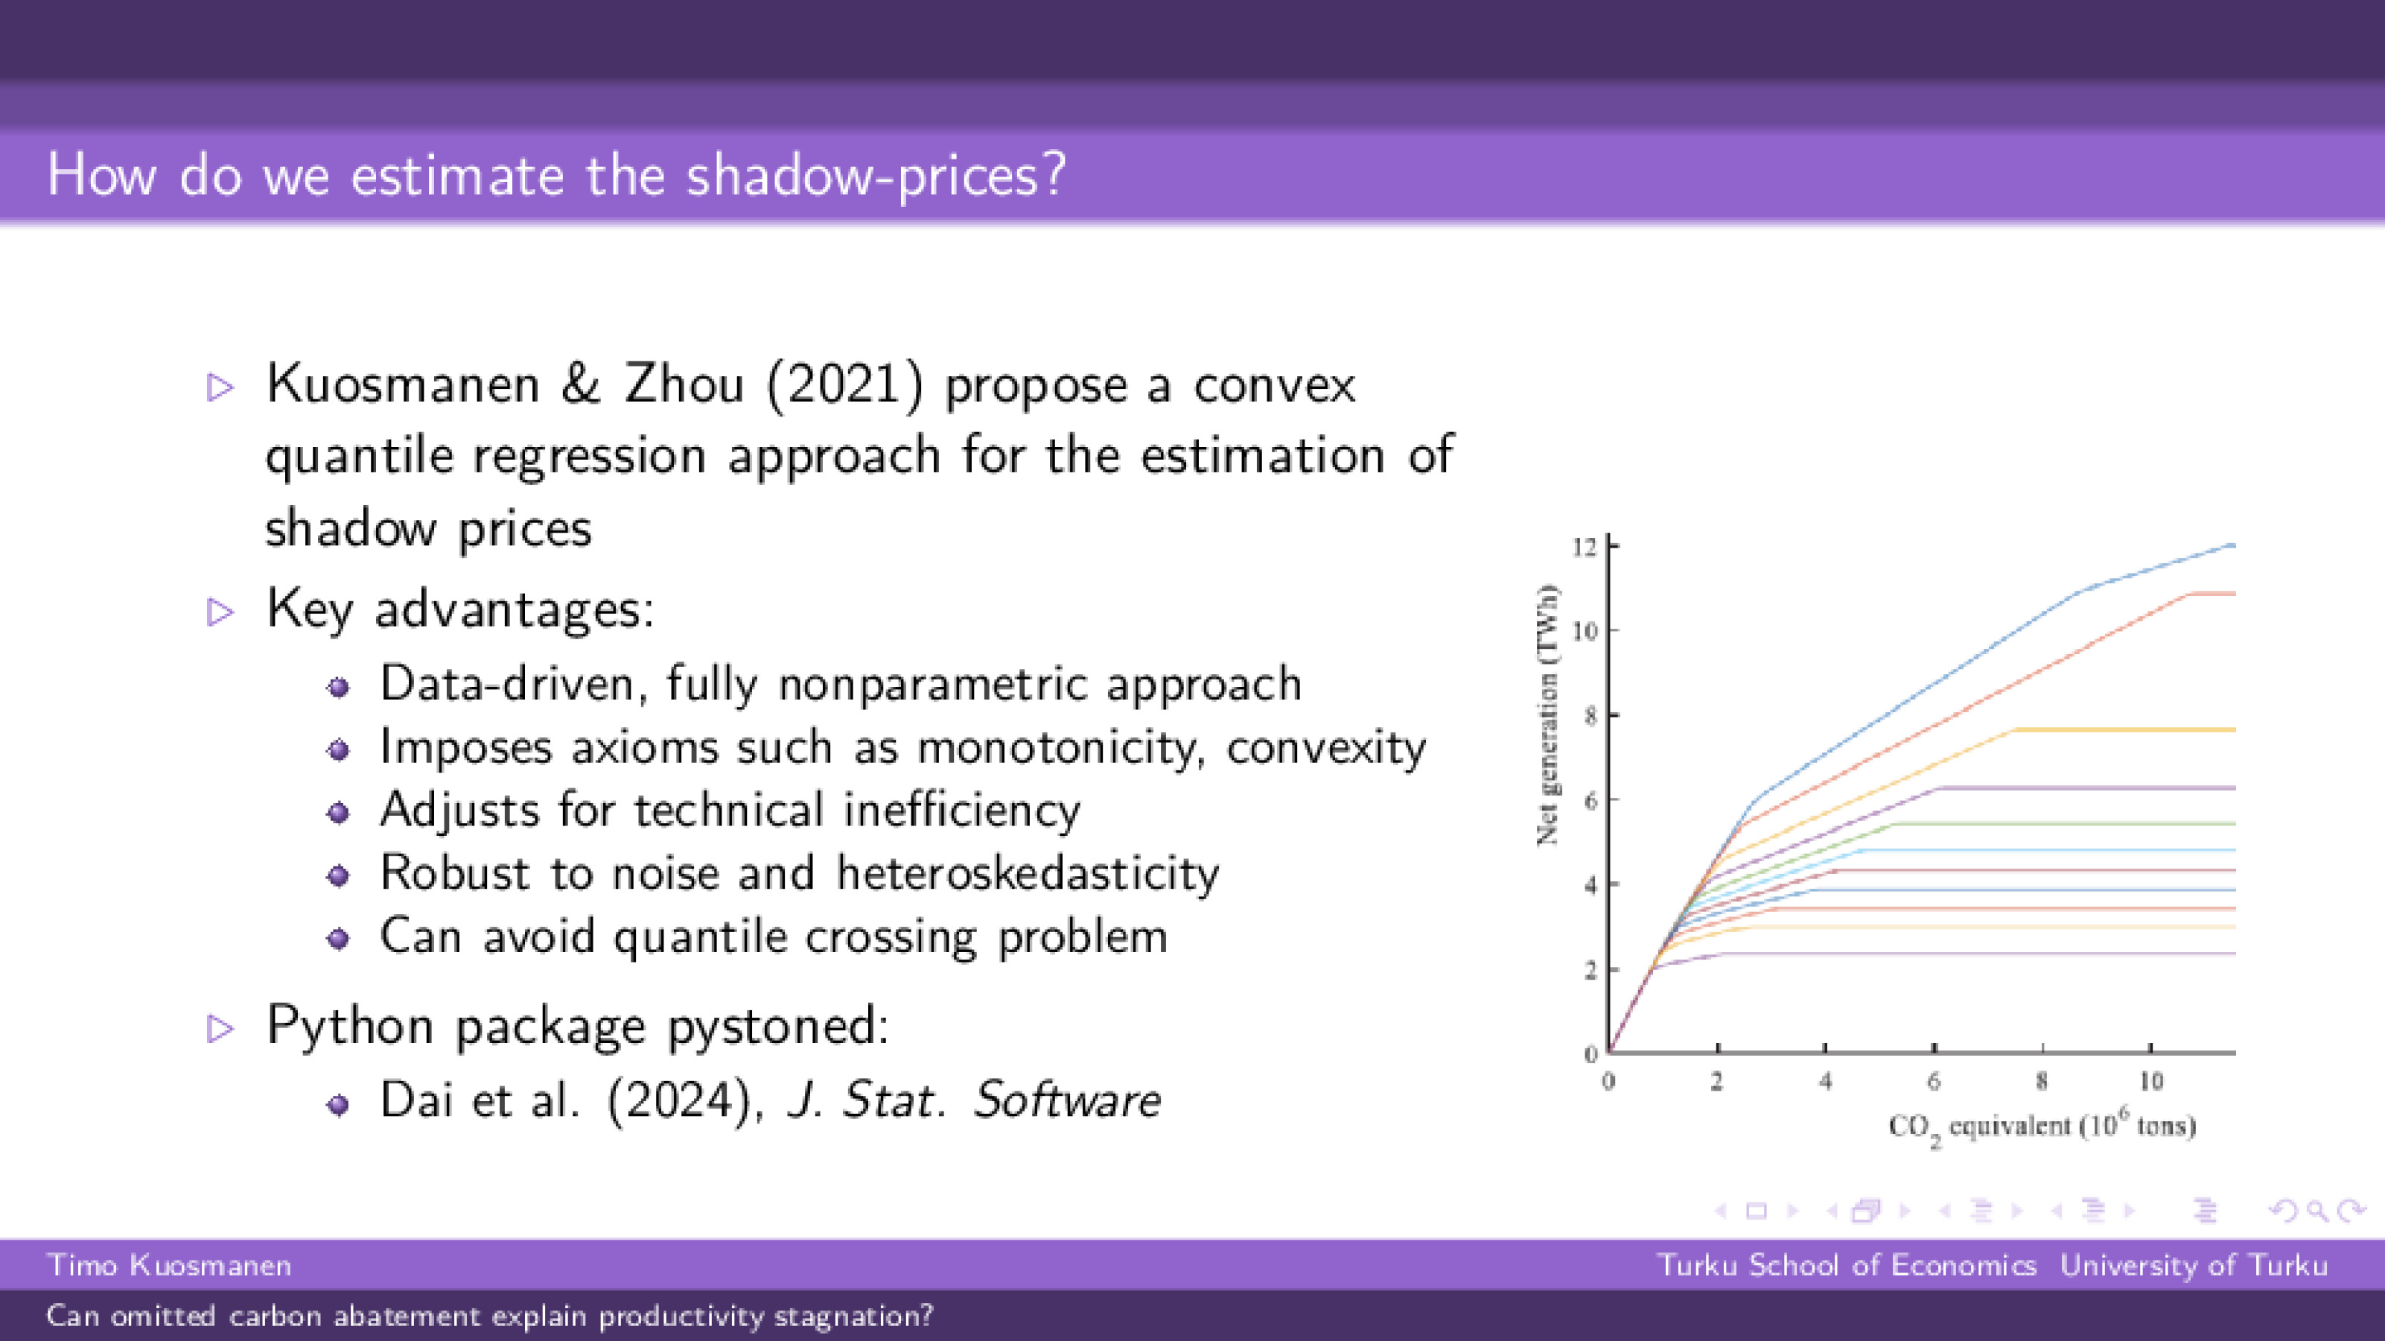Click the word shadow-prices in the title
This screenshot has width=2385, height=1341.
coord(875,175)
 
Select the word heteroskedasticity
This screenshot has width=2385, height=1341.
coord(1028,873)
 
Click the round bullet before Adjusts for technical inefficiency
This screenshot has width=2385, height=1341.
coord(339,813)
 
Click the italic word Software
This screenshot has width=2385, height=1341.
coord(1066,1100)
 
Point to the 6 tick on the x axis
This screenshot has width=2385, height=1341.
coord(1934,1081)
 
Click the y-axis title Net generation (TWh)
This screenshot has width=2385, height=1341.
coord(1547,715)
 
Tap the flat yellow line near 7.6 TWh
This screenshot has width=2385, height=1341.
coord(2130,730)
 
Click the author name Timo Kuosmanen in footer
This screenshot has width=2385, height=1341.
coord(170,1265)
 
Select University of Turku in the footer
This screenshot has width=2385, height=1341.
coord(2194,1265)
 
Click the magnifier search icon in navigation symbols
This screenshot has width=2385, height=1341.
coord(2317,1211)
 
